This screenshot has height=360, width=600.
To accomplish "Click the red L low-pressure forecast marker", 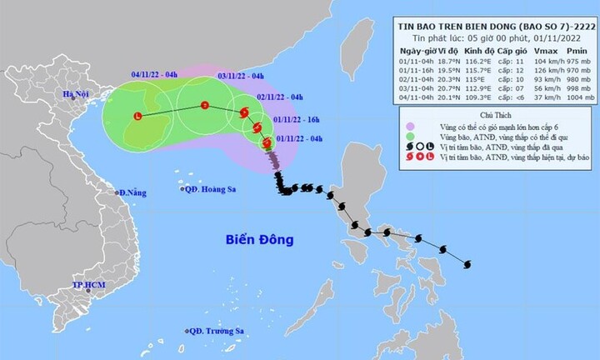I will tap(138, 117).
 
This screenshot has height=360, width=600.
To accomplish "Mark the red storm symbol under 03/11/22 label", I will tap(205, 105).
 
